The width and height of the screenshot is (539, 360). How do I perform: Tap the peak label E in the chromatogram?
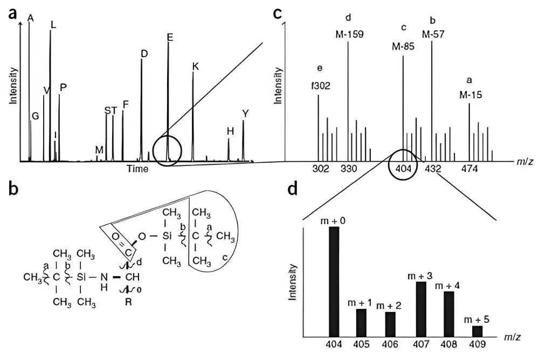pyautogui.click(x=170, y=37)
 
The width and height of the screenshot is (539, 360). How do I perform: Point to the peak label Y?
pyautogui.click(x=245, y=114)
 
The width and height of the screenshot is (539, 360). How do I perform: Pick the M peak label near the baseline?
pyautogui.click(x=99, y=149)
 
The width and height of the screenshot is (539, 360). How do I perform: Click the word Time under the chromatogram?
pyautogui.click(x=137, y=168)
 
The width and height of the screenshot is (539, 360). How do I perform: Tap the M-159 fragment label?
pyautogui.click(x=349, y=34)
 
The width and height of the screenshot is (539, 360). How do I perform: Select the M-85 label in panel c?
pyautogui.click(x=403, y=46)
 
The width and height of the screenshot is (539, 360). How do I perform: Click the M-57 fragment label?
pyautogui.click(x=433, y=34)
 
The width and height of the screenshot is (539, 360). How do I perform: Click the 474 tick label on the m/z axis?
pyautogui.click(x=469, y=168)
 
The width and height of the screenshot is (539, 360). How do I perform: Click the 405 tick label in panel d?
pyautogui.click(x=362, y=344)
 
